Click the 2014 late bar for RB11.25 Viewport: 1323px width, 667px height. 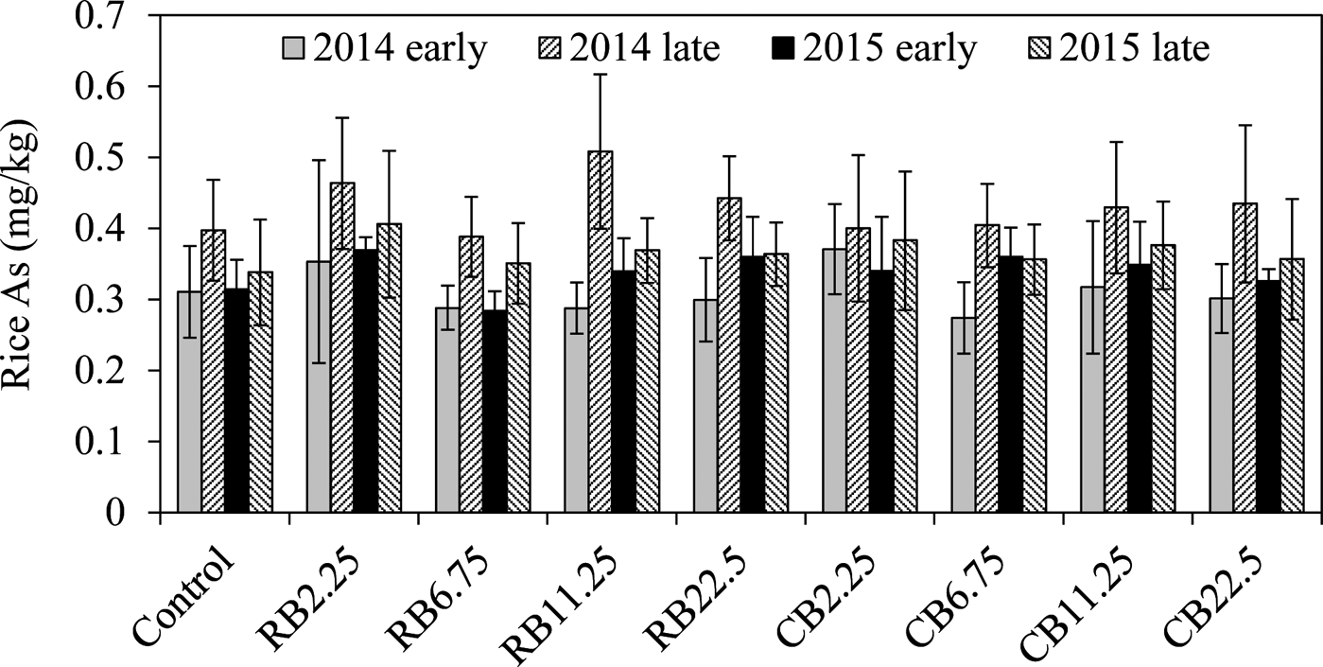tap(601, 331)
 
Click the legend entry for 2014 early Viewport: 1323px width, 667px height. tap(383, 48)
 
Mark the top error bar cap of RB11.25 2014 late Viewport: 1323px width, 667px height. tap(601, 74)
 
